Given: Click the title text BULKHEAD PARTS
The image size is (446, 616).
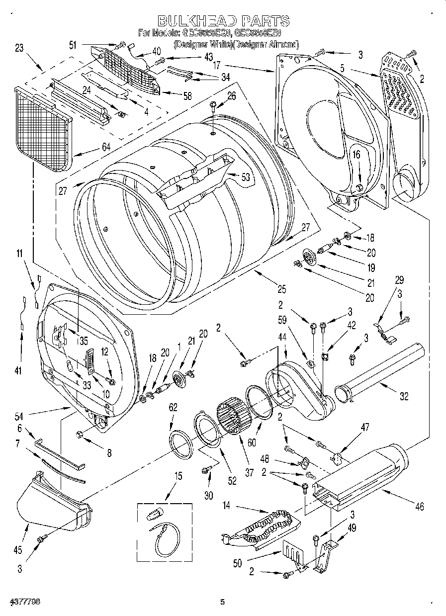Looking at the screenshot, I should [223, 20].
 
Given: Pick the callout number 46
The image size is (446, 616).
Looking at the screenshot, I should [420, 507].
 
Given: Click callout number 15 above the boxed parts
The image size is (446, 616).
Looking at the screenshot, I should [178, 476].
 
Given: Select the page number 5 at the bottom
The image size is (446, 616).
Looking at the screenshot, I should [223, 602].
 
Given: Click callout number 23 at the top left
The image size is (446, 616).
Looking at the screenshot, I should [19, 48].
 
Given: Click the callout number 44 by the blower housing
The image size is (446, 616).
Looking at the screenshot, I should [282, 338].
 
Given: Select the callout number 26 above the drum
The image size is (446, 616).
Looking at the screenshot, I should [231, 96].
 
